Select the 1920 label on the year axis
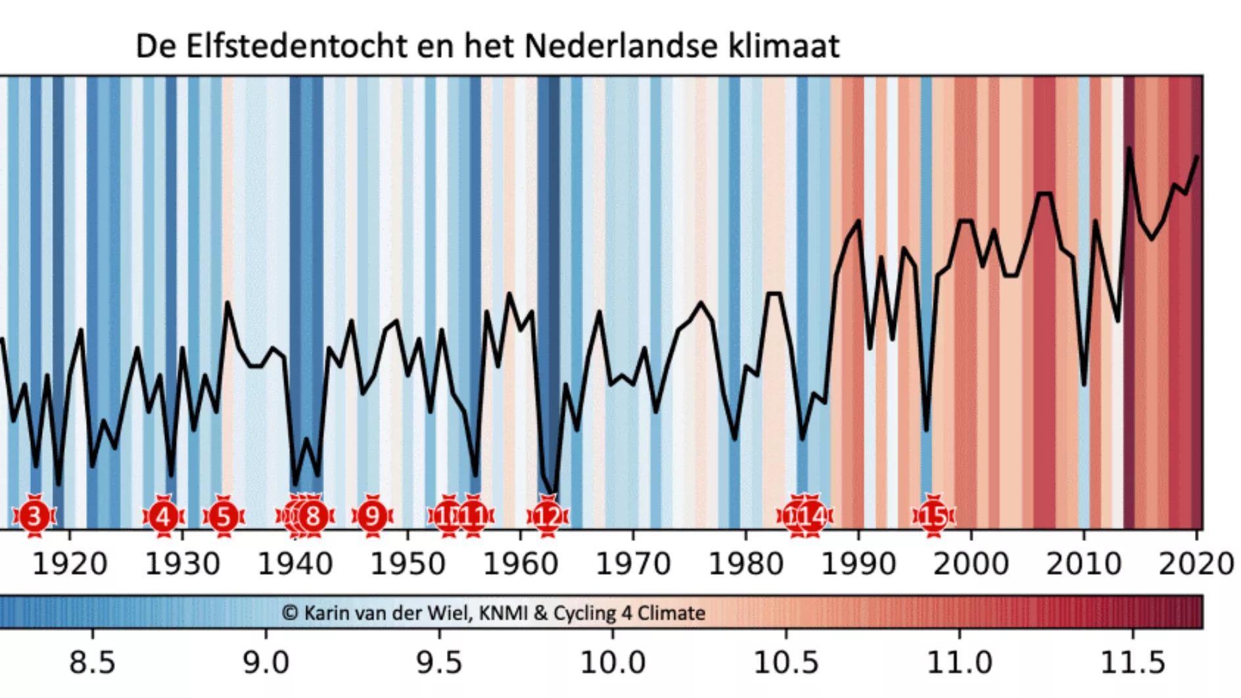pyautogui.click(x=70, y=565)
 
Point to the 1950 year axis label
pyautogui.click(x=408, y=565)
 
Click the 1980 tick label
pyautogui.click(x=745, y=565)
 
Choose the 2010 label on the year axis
pyautogui.click(x=1083, y=565)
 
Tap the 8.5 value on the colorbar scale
pyautogui.click(x=92, y=663)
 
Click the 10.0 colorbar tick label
pyautogui.click(x=613, y=663)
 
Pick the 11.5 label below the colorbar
pyautogui.click(x=1133, y=663)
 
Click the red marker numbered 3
pyautogui.click(x=35, y=517)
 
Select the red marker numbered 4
pyautogui.click(x=164, y=517)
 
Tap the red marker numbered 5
pyautogui.click(x=223, y=517)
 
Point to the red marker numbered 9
pyautogui.click(x=373, y=517)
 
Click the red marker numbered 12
pyautogui.click(x=547, y=517)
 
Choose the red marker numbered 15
pyautogui.click(x=933, y=517)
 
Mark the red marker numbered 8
pyautogui.click(x=314, y=517)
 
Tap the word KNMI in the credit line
pyautogui.click(x=503, y=613)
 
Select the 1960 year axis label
pyautogui.click(x=521, y=565)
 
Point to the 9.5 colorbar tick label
pyautogui.click(x=439, y=663)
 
